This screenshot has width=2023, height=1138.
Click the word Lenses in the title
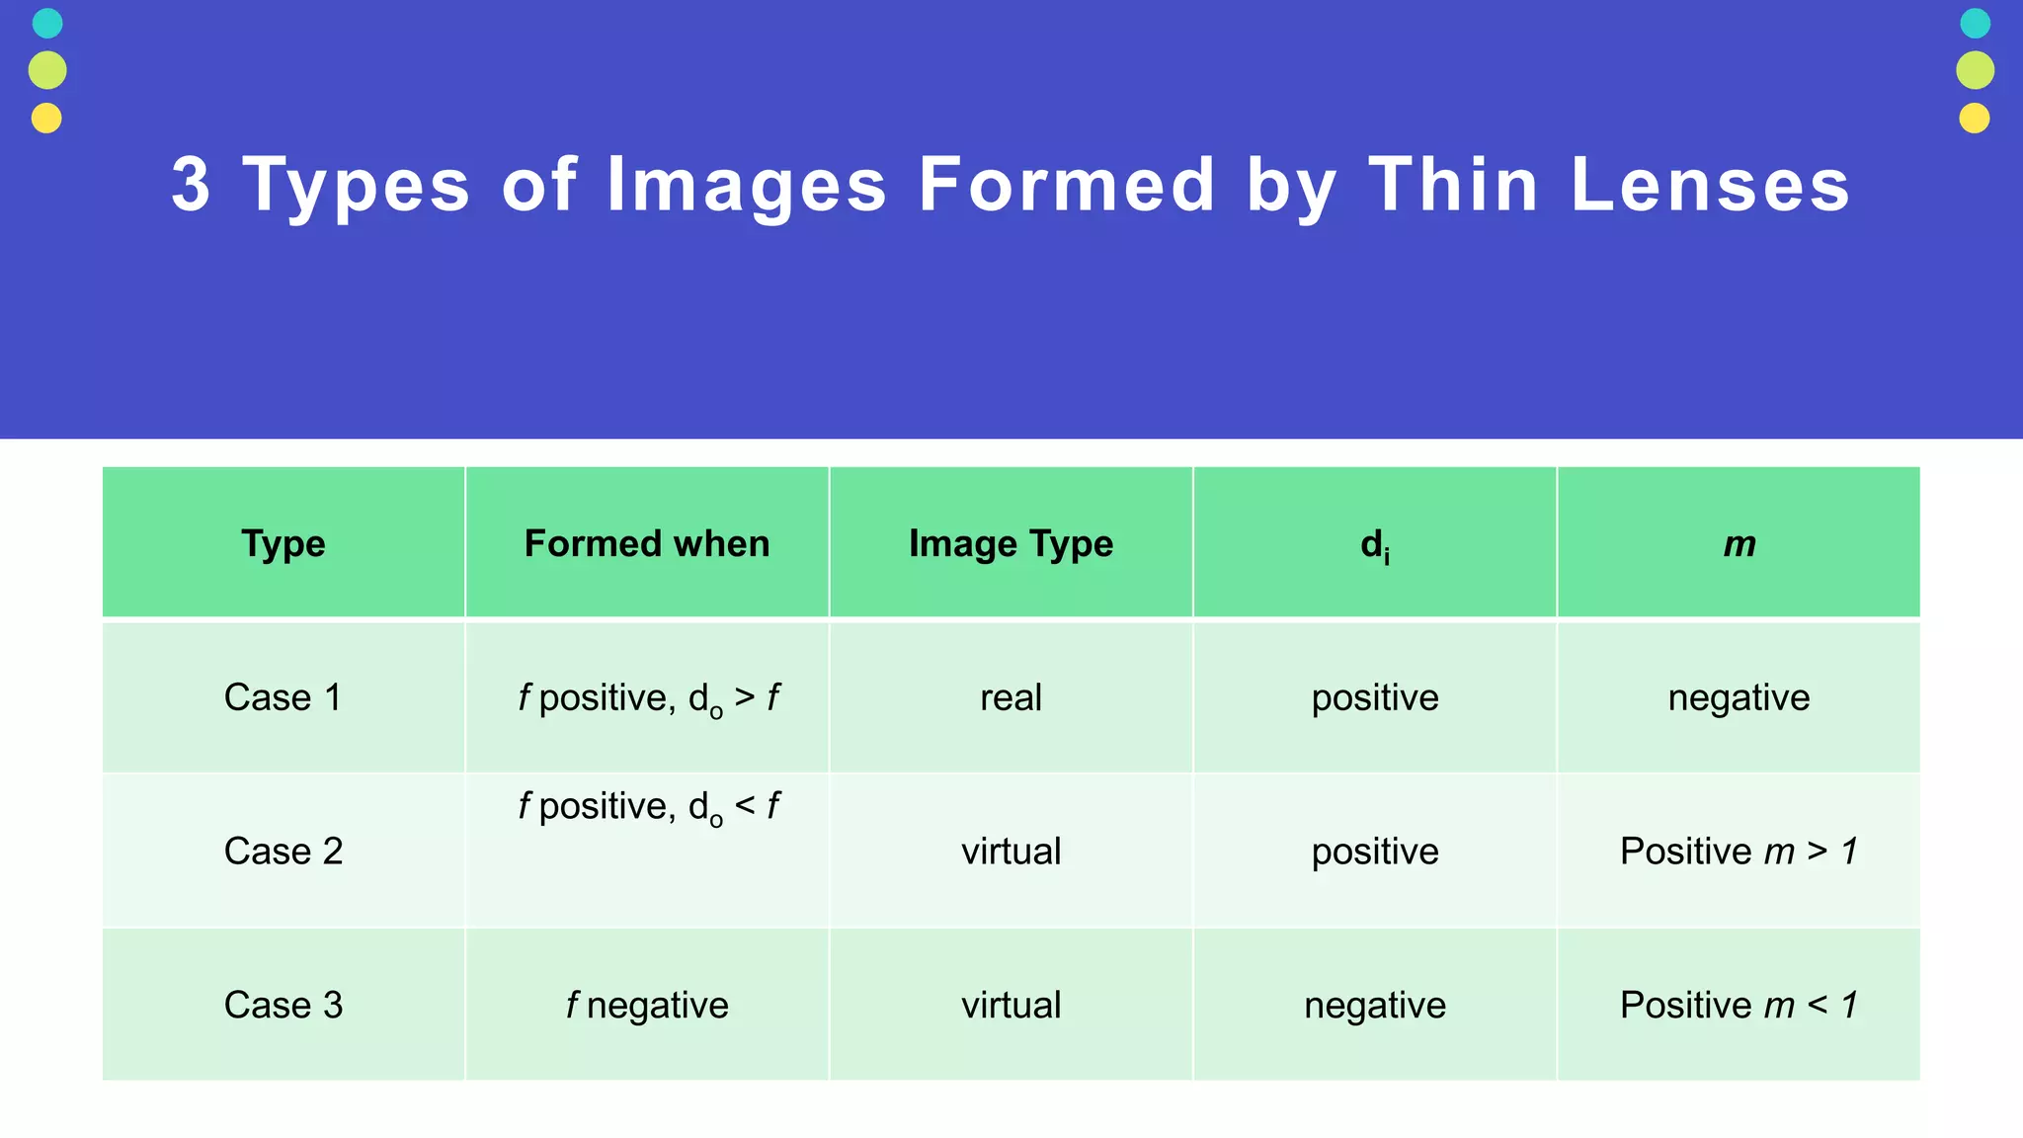[1710, 185]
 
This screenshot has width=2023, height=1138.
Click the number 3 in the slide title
[192, 185]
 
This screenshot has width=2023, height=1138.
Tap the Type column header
[283, 543]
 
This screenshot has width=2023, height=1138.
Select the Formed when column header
[647, 543]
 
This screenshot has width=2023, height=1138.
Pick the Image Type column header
[1011, 543]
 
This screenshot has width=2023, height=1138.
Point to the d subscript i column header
[1374, 544]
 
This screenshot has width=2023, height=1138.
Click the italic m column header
[1739, 543]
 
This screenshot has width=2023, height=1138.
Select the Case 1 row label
[283, 697]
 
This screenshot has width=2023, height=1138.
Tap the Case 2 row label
[283, 851]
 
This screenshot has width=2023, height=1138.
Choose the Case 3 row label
[283, 1005]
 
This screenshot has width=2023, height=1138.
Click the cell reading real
[1011, 697]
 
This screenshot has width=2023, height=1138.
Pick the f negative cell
[647, 1005]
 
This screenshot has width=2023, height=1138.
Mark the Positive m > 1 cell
[1739, 851]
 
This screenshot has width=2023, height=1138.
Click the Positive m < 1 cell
[1739, 1005]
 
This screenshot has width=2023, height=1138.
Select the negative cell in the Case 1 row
[1739, 697]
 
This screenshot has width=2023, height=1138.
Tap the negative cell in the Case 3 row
[1374, 1005]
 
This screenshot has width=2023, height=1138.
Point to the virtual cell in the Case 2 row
[1011, 851]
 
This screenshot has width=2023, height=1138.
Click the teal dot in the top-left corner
[47, 23]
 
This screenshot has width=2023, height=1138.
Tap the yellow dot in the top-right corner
[1975, 119]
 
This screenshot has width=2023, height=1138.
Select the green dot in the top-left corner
[47, 70]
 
